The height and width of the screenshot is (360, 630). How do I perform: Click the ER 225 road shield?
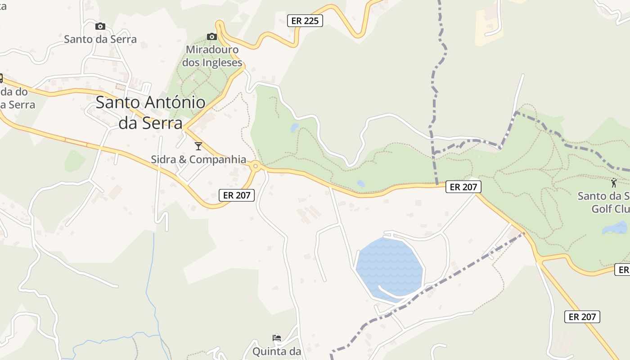click(x=305, y=21)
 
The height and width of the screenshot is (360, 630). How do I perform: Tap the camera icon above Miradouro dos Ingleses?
click(x=211, y=36)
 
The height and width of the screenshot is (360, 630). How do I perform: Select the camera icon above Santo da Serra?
click(x=100, y=27)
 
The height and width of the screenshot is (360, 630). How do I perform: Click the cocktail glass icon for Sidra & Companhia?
click(x=198, y=146)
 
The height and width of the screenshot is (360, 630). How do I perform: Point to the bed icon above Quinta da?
click(x=277, y=338)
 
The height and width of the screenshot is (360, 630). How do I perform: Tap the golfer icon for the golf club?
click(x=614, y=183)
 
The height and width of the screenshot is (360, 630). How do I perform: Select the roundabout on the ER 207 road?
click(x=256, y=166)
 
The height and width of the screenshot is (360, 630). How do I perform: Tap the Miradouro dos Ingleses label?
click(x=212, y=56)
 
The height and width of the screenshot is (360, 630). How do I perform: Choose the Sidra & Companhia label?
click(x=198, y=159)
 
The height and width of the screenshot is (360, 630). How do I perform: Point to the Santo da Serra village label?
click(x=100, y=39)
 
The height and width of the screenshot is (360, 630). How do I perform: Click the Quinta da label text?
click(x=276, y=351)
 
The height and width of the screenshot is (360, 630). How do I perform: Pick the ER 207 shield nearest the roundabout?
click(x=237, y=195)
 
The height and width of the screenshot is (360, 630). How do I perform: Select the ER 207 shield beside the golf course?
click(x=463, y=187)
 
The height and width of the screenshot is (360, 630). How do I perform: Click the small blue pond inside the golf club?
click(x=616, y=228)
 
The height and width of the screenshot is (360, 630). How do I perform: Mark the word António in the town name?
click(x=175, y=103)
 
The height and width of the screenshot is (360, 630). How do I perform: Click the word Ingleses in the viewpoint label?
click(x=222, y=63)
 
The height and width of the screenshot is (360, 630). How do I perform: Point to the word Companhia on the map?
click(x=218, y=159)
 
